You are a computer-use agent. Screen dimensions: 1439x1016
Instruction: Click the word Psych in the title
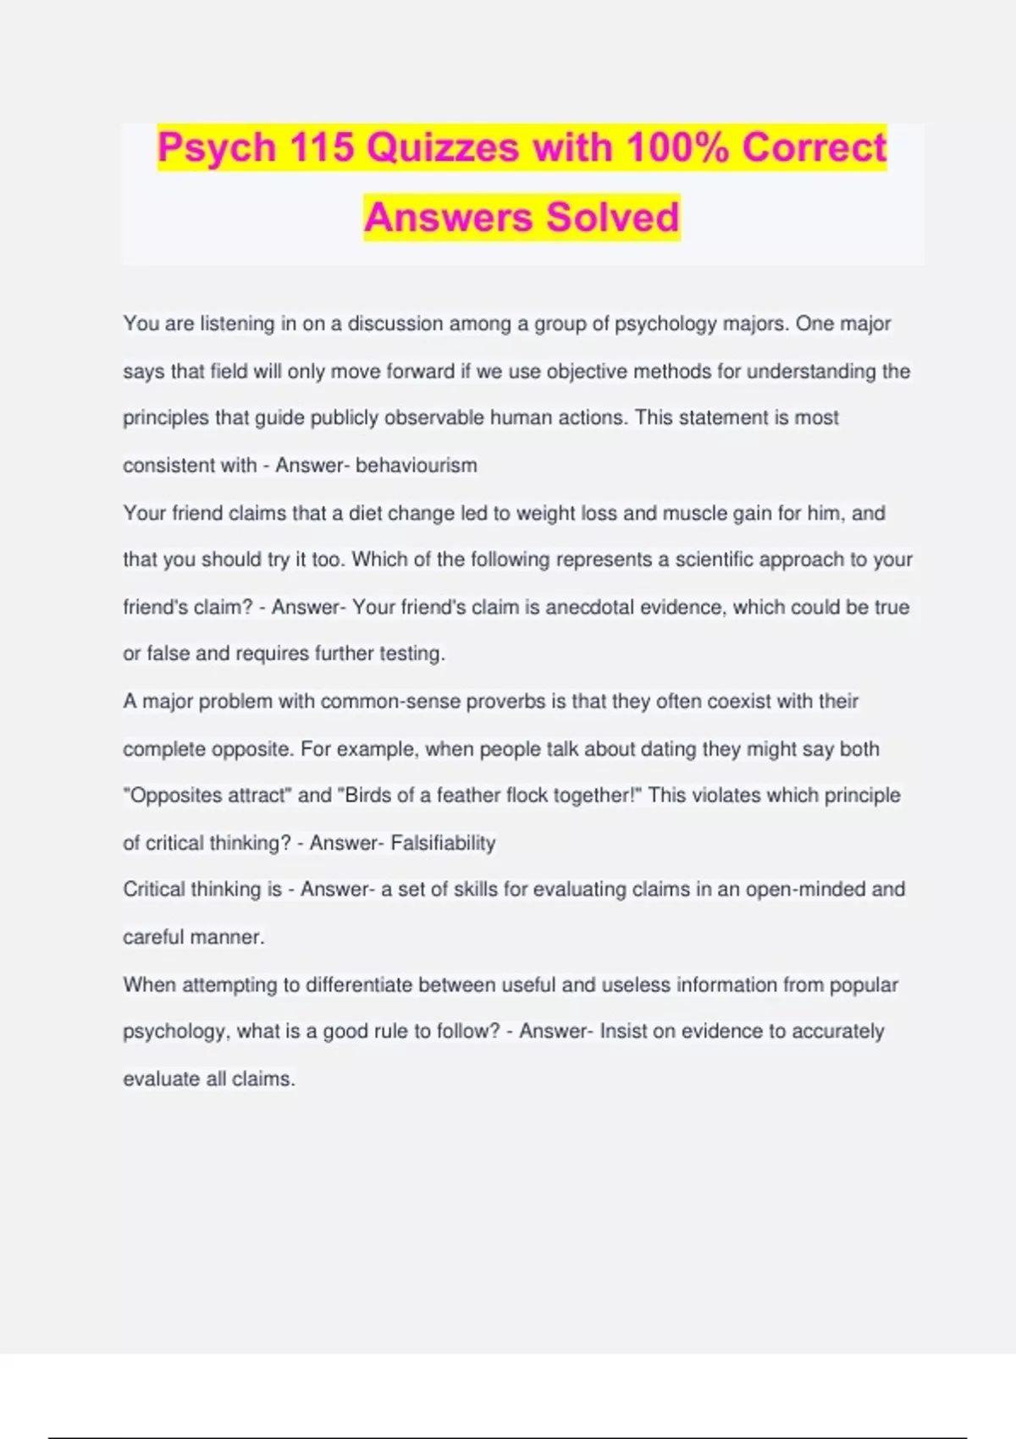click(217, 148)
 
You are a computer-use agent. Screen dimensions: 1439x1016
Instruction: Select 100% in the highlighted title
click(677, 148)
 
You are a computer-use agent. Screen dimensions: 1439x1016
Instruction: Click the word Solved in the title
click(612, 217)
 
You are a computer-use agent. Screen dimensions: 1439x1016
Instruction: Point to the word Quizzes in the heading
click(443, 148)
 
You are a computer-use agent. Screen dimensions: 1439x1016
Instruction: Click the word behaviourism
click(417, 466)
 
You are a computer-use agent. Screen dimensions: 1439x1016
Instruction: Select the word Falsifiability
click(443, 843)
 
